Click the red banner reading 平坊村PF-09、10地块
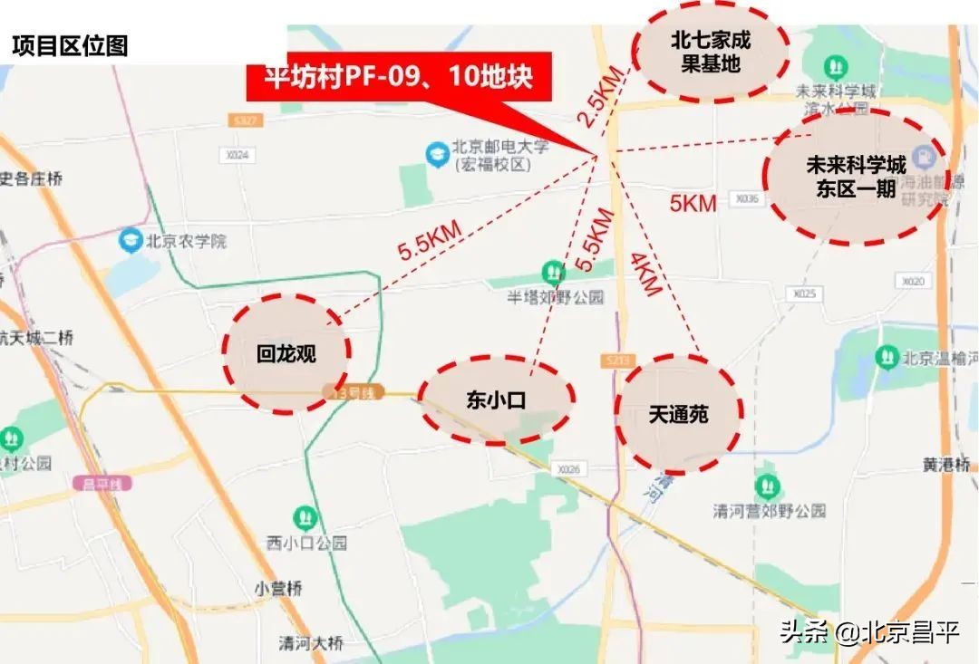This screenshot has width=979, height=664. coord(399,78)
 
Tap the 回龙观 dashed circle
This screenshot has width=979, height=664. coord(286,352)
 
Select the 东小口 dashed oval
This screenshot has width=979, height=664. coord(497,400)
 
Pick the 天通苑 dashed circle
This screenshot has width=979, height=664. coord(678,415)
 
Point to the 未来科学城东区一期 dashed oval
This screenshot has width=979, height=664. coord(855,177)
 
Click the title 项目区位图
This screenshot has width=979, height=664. coord(70,46)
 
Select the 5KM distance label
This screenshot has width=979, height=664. coord(693,203)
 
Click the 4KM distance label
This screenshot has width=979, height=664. coord(645,274)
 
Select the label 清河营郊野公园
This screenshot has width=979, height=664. coord(769,510)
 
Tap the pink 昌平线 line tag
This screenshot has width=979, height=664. coord(102,483)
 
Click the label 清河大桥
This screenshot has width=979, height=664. coord(311,644)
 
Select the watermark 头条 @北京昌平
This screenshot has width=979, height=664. coord(869,630)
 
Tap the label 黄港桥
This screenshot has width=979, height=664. coord(946,464)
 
